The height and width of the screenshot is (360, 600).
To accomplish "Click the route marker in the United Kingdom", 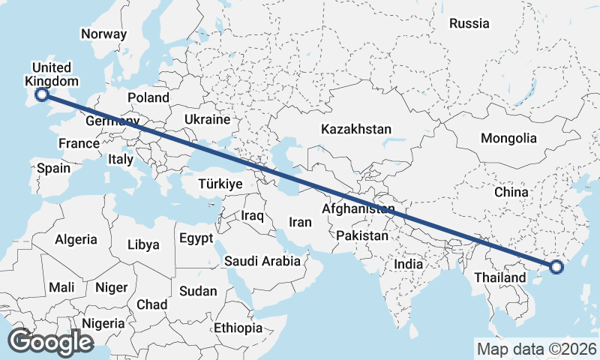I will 42,94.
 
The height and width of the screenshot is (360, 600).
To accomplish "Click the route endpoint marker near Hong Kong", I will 556,266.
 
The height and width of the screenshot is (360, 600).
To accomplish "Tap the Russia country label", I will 469,23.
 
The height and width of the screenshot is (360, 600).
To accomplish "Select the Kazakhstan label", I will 355,129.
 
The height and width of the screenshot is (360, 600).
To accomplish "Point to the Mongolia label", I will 509,138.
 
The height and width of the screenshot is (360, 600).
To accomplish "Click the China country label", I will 511,193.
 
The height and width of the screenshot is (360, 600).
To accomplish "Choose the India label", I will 409,265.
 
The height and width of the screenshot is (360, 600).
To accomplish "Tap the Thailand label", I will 500,277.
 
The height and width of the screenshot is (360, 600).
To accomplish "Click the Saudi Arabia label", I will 262,261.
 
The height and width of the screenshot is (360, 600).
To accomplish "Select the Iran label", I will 300,222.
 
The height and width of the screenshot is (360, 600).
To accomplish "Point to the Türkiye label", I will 220,184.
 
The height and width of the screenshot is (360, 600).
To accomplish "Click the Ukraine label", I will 207,119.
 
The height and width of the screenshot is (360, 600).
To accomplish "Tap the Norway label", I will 103,34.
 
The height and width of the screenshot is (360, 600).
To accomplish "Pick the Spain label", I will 54,168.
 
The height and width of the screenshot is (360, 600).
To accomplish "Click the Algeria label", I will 76,239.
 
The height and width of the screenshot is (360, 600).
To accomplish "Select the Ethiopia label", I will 238,328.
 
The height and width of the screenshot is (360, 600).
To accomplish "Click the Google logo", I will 50,341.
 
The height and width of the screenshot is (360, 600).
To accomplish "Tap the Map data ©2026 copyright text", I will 535,349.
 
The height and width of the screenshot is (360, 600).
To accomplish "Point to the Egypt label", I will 196,238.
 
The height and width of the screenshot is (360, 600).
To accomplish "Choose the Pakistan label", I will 362,235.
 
